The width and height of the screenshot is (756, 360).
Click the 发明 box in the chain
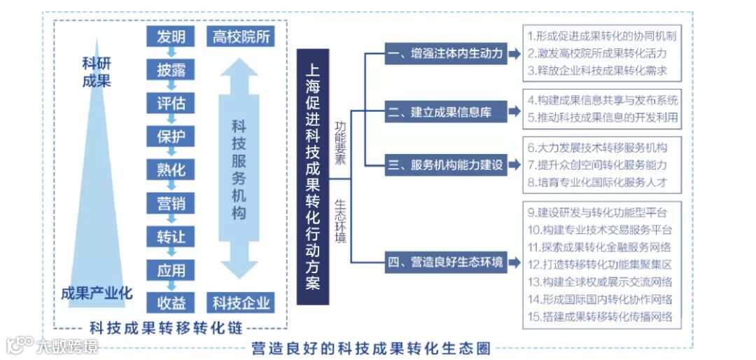(171, 36)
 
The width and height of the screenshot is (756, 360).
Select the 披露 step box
(171, 70)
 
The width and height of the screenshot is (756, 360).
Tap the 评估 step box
(171, 104)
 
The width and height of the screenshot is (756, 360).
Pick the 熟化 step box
(171, 170)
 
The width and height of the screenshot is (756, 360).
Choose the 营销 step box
(171, 203)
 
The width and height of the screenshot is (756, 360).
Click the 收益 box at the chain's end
(171, 303)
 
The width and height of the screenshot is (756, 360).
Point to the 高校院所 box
(241, 36)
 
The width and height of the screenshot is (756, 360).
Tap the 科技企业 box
(241, 303)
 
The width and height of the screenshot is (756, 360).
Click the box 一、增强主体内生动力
(447, 53)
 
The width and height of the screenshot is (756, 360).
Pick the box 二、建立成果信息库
(447, 111)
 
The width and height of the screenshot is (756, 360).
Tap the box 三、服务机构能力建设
(447, 165)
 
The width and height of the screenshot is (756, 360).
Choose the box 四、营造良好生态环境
(447, 263)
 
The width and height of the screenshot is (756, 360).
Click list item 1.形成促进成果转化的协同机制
(602, 36)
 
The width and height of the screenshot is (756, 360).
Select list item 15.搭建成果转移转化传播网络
(600, 317)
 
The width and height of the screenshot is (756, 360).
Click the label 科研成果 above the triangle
(96, 72)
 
